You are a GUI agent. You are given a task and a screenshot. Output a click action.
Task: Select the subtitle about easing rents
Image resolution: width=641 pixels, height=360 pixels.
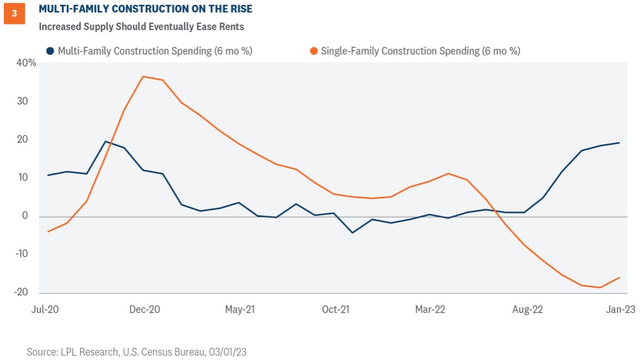pos(141,27)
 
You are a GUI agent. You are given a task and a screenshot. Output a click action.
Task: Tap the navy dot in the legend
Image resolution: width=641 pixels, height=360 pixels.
pos(50,51)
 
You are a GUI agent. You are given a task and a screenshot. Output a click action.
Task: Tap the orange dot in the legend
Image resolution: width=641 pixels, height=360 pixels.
pos(314,51)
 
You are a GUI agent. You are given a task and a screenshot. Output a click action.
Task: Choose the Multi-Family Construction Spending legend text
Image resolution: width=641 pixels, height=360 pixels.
pos(154,51)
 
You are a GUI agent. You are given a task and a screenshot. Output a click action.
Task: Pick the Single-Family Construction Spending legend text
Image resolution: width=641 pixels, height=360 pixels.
pos(420,51)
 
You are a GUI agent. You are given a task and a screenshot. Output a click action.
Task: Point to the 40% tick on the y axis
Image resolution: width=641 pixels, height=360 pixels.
pos(27,63)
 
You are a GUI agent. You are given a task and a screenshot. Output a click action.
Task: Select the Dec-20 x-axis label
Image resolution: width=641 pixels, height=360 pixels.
pos(144,310)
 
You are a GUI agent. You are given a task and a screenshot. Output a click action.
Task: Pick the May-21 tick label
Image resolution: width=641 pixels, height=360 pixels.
pos(239,310)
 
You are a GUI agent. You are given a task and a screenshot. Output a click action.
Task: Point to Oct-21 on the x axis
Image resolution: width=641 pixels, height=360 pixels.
pos(336,310)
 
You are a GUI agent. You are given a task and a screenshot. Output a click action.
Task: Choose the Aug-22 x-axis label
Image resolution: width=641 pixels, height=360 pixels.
pos(527,310)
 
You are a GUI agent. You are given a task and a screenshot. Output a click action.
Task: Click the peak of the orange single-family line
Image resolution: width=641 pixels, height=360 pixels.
pos(144,77)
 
